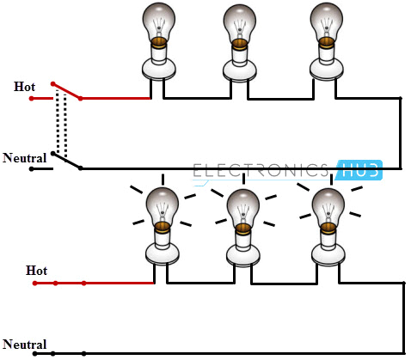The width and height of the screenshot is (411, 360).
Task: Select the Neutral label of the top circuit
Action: [24, 158]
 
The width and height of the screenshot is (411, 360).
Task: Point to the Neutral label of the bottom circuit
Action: [24, 344]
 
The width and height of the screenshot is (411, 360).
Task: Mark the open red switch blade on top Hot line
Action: [66, 91]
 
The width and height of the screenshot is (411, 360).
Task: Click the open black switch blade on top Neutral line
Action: [66, 162]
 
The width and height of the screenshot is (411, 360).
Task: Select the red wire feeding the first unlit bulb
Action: [116, 99]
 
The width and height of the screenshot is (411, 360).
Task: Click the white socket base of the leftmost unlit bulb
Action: [159, 64]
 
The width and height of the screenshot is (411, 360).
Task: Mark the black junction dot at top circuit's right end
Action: [401, 99]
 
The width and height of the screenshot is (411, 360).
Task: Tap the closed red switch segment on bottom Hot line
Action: [69, 283]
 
